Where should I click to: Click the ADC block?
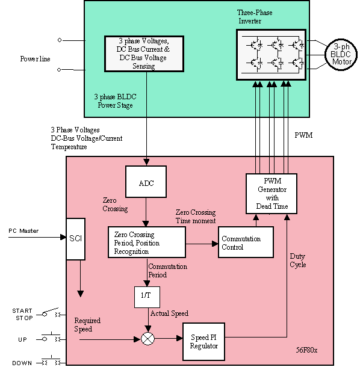[146, 183]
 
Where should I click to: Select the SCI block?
[76, 238]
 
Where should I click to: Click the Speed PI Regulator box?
[205, 341]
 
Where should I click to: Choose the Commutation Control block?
[245, 242]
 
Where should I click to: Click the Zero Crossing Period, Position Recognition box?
[146, 242]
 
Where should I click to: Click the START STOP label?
[23, 314]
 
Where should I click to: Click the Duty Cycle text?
[297, 261]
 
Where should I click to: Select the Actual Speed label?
[169, 313]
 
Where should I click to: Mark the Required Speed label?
[87, 325]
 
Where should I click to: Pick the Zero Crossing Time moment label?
[196, 217]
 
